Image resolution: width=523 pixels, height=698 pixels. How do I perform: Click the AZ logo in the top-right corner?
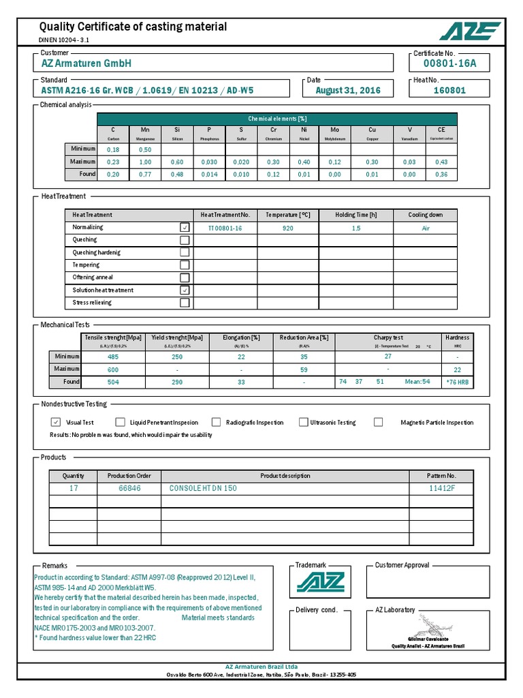point(470,31)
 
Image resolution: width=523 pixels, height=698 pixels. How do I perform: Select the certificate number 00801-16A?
point(449,64)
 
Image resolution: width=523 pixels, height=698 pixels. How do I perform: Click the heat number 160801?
point(449,90)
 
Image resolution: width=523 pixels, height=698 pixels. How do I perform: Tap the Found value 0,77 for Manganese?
point(145,174)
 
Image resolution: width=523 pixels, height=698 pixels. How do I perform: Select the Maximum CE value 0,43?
point(441,162)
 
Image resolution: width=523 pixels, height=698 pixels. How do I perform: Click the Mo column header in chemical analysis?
point(334,130)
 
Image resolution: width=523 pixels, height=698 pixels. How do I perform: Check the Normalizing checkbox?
point(185,228)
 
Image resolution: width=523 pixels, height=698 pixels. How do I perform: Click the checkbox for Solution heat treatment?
point(185,290)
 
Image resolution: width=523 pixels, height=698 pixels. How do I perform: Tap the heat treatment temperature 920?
point(287,228)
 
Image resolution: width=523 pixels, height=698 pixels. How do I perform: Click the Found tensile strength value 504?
point(113,382)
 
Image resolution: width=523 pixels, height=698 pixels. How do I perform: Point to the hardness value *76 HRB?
point(457,382)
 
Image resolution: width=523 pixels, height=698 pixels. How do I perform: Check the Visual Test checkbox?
point(56,422)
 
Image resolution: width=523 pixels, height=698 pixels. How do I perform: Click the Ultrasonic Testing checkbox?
point(303,422)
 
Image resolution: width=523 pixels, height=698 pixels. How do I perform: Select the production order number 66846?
point(129,489)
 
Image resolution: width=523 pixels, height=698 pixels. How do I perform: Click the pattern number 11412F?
point(441,489)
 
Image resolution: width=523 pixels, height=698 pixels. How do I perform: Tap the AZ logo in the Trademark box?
point(320,583)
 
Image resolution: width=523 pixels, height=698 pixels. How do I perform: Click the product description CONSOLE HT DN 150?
point(203,489)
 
